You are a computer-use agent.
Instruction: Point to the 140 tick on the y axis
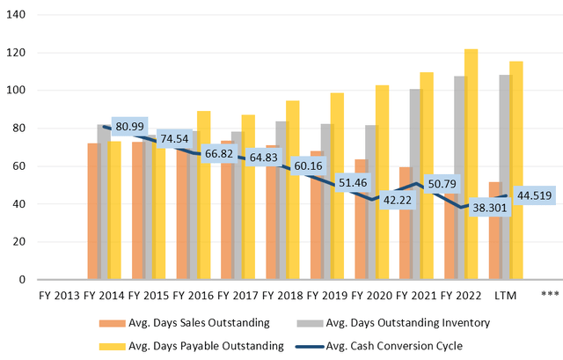pyautogui.click(x=16, y=15)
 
